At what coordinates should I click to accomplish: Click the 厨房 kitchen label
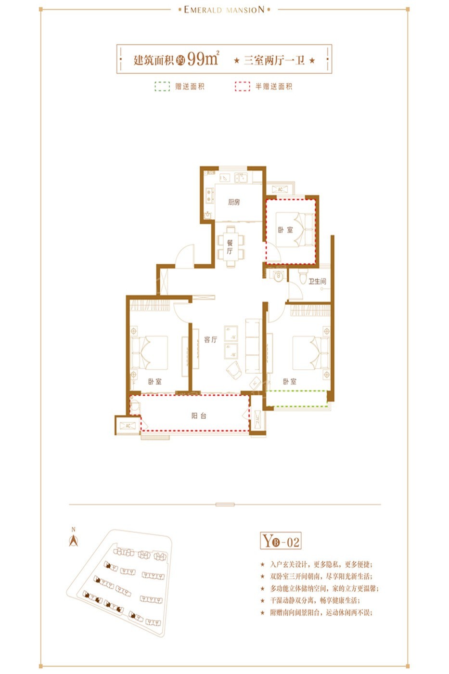point(234,202)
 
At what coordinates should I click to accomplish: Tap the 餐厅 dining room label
point(230,247)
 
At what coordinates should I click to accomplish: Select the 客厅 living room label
point(210,339)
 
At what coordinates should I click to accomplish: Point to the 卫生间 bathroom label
point(317,281)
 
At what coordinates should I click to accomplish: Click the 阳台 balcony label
point(199,415)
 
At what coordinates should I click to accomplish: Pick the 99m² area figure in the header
point(203,59)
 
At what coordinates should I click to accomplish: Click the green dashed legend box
point(162,87)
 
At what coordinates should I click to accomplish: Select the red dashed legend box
point(242,87)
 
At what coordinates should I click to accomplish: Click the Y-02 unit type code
point(281,542)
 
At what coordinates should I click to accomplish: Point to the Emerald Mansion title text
point(224,10)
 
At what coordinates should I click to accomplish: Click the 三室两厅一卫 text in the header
point(274,60)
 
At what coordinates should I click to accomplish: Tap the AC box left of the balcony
point(128,426)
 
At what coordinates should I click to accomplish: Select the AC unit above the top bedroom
point(280,189)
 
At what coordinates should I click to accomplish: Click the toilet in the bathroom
point(302,278)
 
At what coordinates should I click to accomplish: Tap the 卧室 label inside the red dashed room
point(285,230)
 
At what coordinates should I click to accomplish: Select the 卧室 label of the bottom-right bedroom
point(290,381)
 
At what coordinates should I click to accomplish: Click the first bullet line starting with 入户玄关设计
point(321,564)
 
